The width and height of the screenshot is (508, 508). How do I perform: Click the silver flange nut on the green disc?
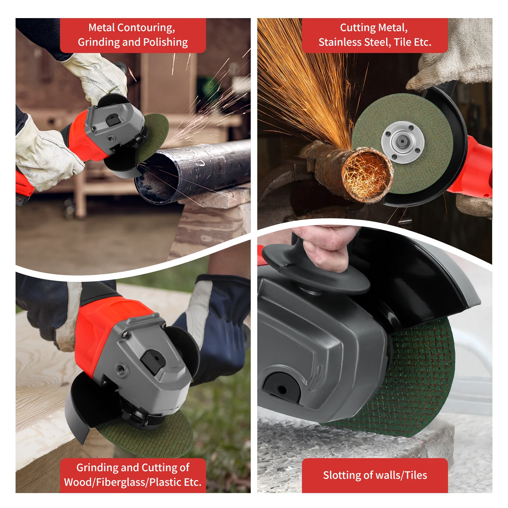tap(403, 142)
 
